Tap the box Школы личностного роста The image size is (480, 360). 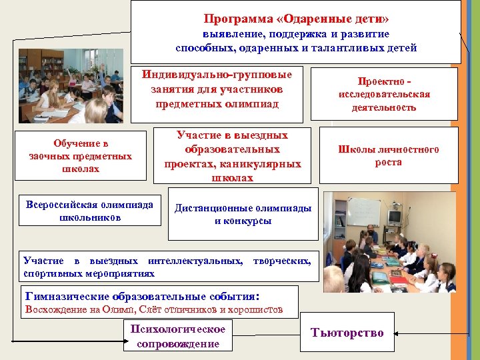coord(389,155)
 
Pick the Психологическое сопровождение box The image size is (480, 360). coord(178,336)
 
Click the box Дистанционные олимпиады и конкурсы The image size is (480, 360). coord(243,214)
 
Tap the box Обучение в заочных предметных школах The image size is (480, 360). coord(81,155)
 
